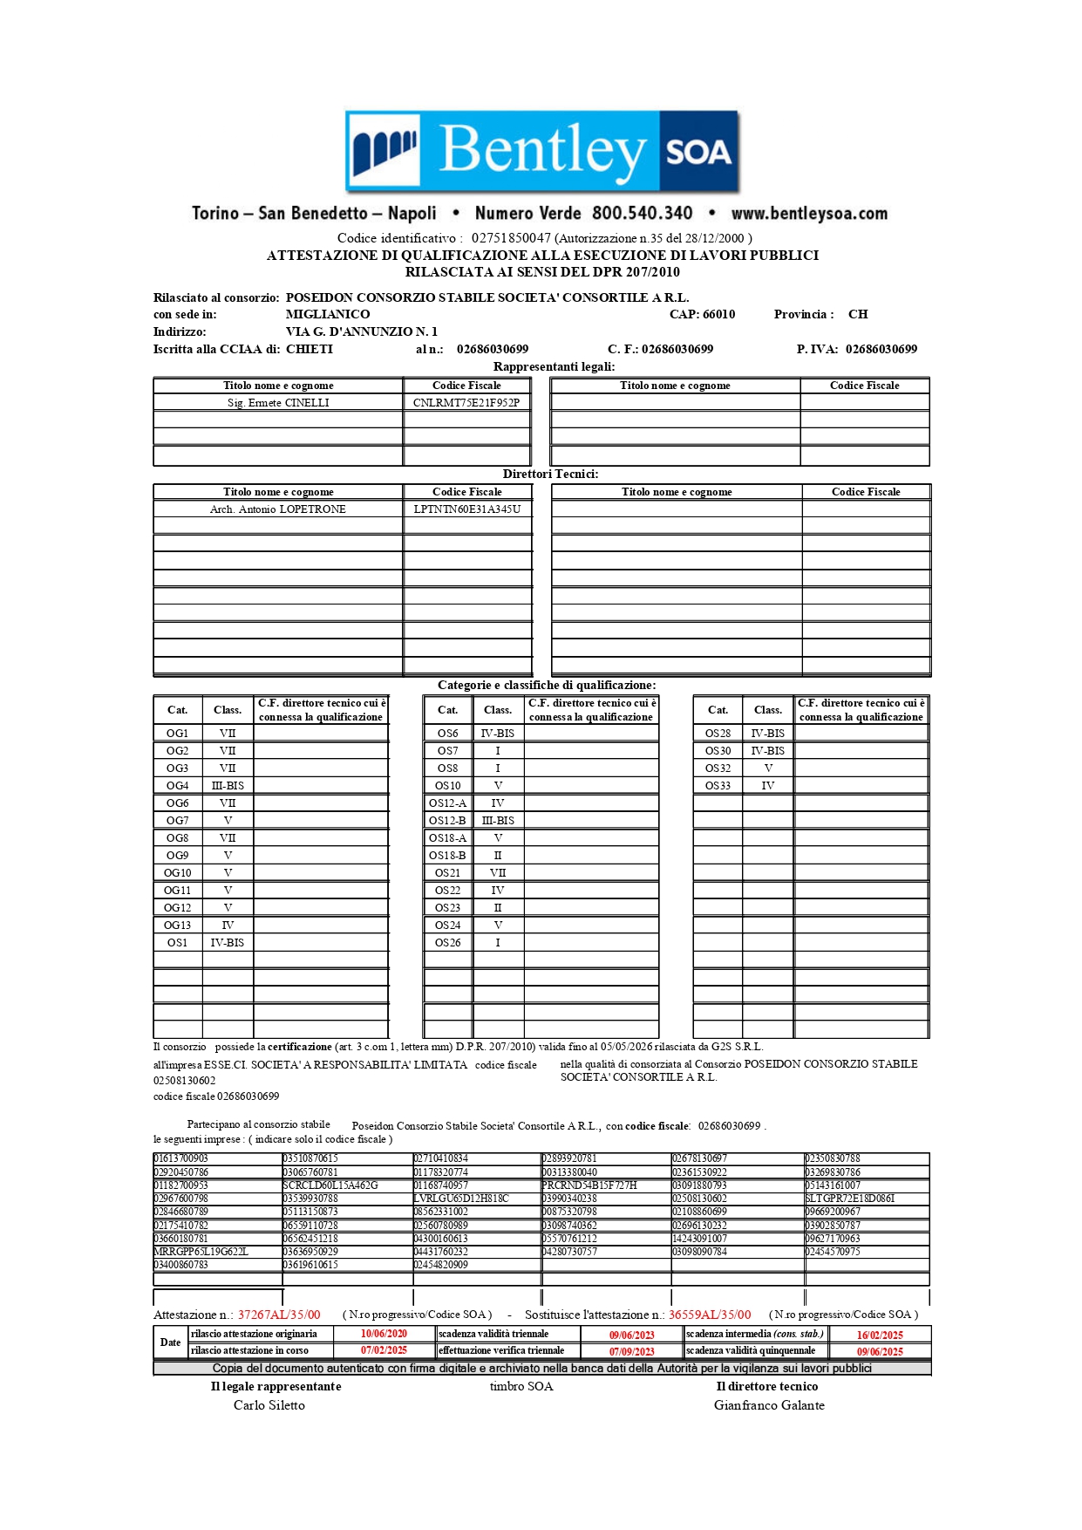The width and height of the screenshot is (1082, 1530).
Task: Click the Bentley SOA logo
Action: pyautogui.click(x=541, y=150)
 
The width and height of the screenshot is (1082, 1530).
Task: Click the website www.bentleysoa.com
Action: pyautogui.click(x=809, y=214)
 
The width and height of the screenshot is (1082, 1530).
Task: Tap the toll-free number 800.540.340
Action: pyautogui.click(x=642, y=214)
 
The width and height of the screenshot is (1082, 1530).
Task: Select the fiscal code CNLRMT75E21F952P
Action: pyautogui.click(x=466, y=403)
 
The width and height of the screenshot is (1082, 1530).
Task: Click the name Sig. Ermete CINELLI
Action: pyautogui.click(x=278, y=403)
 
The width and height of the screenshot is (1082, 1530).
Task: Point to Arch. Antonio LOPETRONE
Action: pyautogui.click(x=278, y=509)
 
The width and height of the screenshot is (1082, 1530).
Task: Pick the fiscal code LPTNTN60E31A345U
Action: pyautogui.click(x=467, y=509)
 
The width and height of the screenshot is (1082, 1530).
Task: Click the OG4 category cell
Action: pyautogui.click(x=177, y=786)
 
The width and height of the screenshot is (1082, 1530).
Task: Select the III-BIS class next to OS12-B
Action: pyautogui.click(x=498, y=821)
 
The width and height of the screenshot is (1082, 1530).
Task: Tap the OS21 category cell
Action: pyautogui.click(x=447, y=873)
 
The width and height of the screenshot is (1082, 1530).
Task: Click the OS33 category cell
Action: pyautogui.click(x=718, y=786)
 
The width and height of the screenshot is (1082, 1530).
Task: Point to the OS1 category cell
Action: pyautogui.click(x=177, y=943)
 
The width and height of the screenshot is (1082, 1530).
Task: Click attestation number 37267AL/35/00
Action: pyautogui.click(x=279, y=1315)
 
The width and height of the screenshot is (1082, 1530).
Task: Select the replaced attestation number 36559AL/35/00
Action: pyautogui.click(x=710, y=1315)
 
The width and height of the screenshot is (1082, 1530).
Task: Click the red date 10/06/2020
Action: pyautogui.click(x=384, y=1334)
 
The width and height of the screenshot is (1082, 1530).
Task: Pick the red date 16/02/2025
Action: pyautogui.click(x=880, y=1335)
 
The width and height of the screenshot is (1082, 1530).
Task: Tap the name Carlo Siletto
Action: pyautogui.click(x=269, y=1405)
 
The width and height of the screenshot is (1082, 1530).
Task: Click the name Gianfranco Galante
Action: pyautogui.click(x=769, y=1405)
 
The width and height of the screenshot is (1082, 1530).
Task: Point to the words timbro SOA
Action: pyautogui.click(x=521, y=1386)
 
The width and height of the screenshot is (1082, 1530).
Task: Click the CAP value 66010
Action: pyautogui.click(x=718, y=314)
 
